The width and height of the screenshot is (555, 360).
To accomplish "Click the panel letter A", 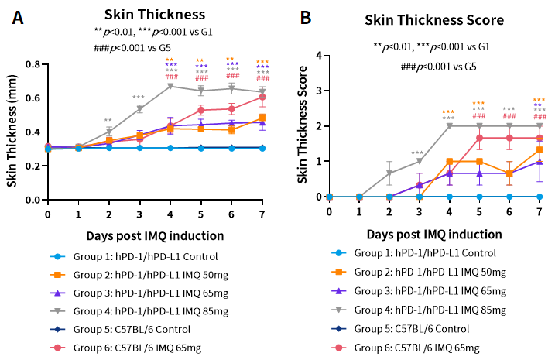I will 17,17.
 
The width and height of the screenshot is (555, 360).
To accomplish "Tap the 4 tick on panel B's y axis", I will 319,55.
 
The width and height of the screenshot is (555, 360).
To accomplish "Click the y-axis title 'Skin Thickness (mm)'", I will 12,132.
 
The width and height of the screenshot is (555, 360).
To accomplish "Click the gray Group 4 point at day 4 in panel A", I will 170,86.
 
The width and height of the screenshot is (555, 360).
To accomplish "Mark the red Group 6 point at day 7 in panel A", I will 262,97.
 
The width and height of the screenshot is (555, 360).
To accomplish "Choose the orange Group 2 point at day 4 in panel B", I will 449,161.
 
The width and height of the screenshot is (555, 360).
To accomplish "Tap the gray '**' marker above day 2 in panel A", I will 108,121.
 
